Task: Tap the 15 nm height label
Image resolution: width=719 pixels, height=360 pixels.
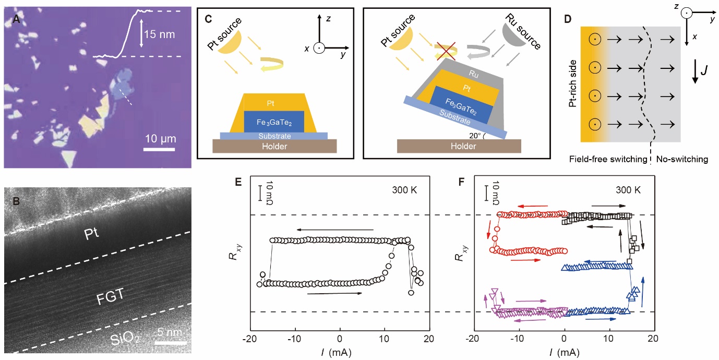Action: (x=161, y=35)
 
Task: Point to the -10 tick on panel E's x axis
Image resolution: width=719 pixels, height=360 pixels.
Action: (x=296, y=339)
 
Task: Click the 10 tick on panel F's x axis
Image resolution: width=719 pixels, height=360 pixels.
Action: (x=608, y=339)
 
